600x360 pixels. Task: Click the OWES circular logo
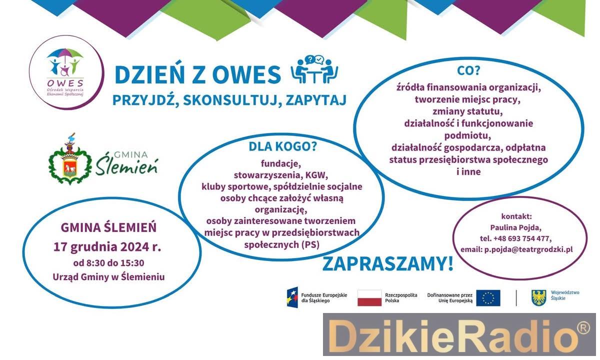(66, 72)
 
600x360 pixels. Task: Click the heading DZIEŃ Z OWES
(197, 74)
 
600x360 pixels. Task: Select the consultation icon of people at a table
(314, 69)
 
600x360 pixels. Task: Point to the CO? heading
(468, 70)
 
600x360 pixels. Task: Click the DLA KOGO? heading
(282, 146)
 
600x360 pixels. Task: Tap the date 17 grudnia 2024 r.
(107, 247)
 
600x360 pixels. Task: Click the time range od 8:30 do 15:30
(109, 263)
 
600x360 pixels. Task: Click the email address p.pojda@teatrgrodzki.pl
(528, 249)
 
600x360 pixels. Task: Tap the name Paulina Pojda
(516, 227)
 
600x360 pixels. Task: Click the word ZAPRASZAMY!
(388, 264)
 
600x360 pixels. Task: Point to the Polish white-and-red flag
(369, 298)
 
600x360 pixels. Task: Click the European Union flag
(488, 298)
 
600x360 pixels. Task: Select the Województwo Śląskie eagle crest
(538, 297)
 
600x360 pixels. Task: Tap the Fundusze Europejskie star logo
(292, 297)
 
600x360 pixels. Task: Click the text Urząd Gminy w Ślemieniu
(109, 277)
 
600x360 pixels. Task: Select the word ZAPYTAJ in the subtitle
(316, 100)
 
